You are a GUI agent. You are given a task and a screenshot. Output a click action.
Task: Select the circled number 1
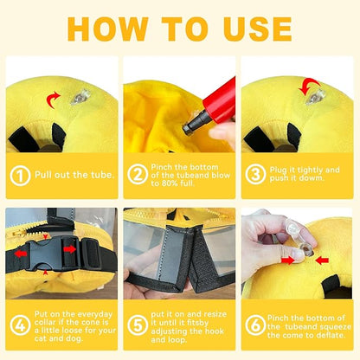coord(19,174)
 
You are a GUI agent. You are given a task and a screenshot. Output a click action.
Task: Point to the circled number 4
coord(19,326)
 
